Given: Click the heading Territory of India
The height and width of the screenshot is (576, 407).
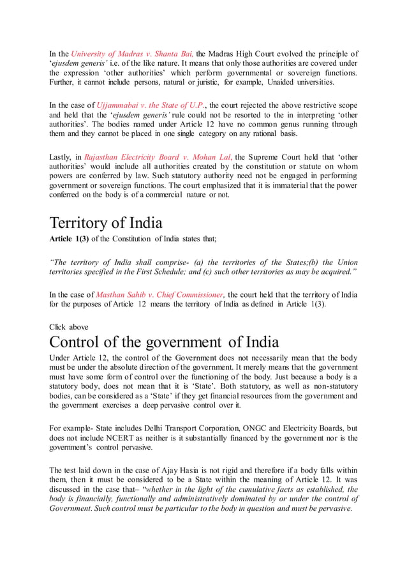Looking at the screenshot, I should coord(106,223).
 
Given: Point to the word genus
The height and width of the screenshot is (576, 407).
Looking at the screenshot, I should coord(286,125).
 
